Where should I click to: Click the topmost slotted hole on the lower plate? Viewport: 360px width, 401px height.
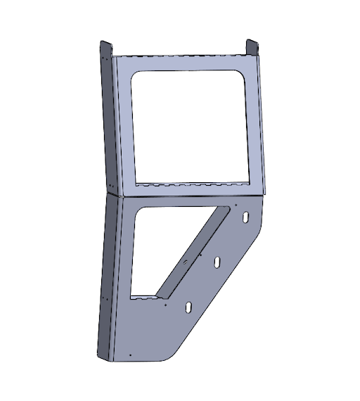[x=245, y=218]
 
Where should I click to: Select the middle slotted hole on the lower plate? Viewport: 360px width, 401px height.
[x=217, y=262]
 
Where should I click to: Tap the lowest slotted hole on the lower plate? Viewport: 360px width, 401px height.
[x=188, y=307]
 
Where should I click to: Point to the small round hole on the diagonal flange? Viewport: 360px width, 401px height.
[x=185, y=261]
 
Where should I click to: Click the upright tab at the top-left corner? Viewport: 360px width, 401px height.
[x=103, y=51]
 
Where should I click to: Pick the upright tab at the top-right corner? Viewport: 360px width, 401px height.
[x=251, y=47]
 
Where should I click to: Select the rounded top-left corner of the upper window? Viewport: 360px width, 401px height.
[x=136, y=76]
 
